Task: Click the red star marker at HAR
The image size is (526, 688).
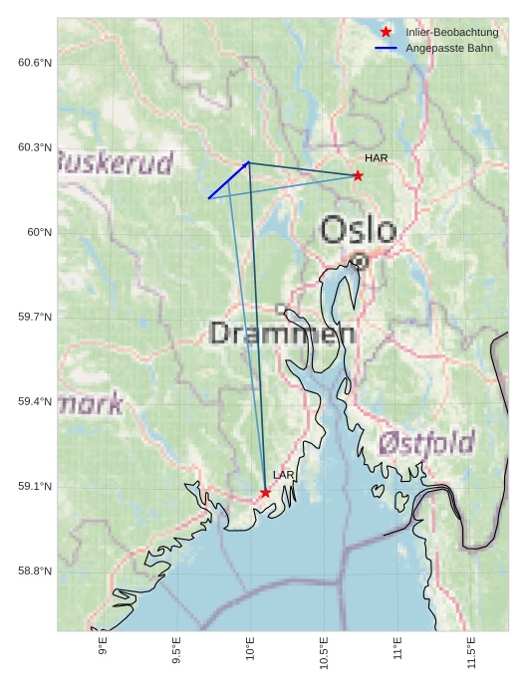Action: [358, 176]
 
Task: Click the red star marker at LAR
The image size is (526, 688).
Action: [265, 493]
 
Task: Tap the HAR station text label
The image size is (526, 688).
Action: [376, 158]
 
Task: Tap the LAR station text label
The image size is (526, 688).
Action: [284, 475]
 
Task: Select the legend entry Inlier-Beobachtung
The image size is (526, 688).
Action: [451, 32]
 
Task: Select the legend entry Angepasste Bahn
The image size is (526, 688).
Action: [448, 48]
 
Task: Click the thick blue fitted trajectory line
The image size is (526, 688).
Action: [229, 180]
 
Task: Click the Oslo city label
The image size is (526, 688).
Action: [358, 230]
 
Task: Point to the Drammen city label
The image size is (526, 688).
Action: [283, 334]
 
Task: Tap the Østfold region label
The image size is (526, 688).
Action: [426, 442]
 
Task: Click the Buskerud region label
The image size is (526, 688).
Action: [116, 162]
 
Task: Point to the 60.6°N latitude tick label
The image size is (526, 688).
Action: [35, 63]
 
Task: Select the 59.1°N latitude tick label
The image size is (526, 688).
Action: [35, 486]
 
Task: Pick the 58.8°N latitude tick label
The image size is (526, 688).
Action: [35, 571]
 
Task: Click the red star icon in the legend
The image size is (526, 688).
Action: [386, 32]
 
